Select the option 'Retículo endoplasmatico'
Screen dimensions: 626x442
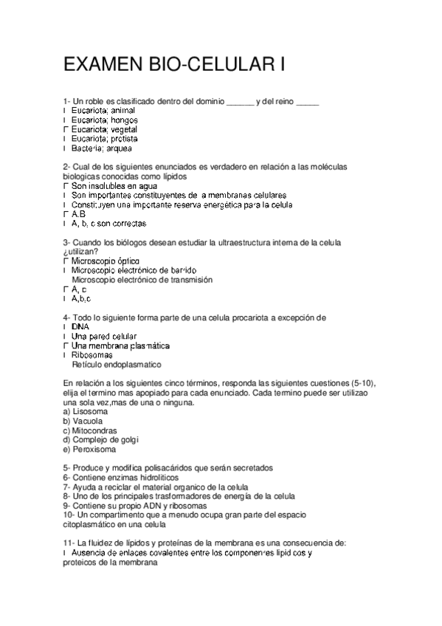(116, 365)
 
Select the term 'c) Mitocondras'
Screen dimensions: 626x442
(90, 430)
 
